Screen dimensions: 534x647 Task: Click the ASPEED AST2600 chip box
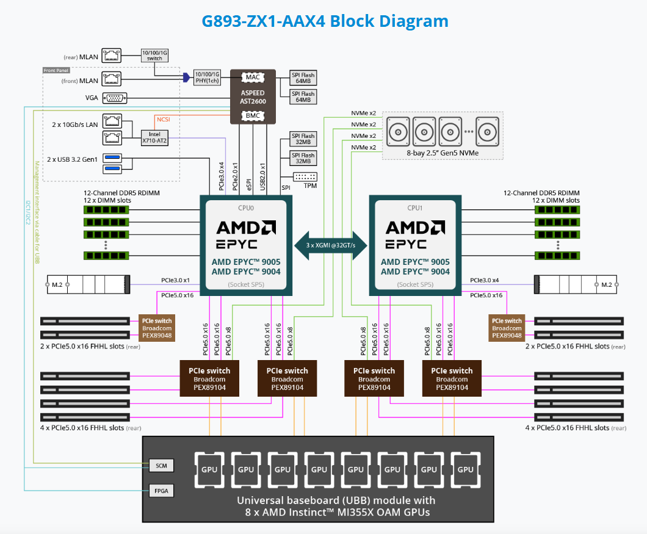pos(252,96)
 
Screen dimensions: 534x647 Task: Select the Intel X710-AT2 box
pos(154,137)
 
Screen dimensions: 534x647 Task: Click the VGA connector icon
pos(114,97)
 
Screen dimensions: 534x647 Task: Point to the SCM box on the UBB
pos(161,466)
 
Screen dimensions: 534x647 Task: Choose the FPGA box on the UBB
pos(161,490)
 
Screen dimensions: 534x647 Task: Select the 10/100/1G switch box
pos(154,56)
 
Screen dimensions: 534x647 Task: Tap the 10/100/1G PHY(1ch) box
pos(206,78)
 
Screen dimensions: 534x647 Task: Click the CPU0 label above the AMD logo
pos(245,207)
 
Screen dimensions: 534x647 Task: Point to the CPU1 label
pos(415,207)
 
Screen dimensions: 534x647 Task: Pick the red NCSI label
pos(164,120)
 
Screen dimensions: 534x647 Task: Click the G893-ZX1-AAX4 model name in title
pos(264,21)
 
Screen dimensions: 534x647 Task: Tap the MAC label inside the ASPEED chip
pos(252,78)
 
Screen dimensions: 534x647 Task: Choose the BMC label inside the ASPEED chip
pos(252,115)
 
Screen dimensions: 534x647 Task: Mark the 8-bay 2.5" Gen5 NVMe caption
pos(443,152)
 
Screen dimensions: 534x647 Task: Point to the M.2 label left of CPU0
pos(56,284)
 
